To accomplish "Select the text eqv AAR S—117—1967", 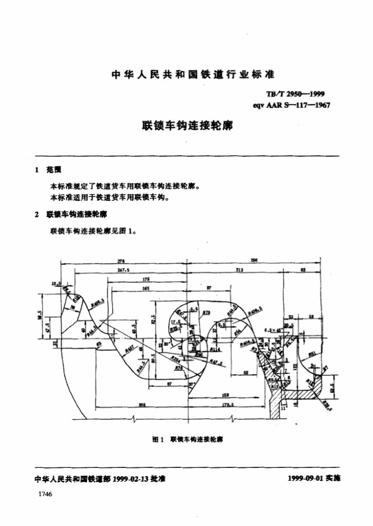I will coord(291,105).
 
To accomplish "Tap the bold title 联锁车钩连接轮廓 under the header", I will coord(187,125).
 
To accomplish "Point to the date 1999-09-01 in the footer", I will coord(306,478).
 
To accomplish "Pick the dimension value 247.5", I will coord(123,269).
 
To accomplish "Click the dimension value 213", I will coord(239,269).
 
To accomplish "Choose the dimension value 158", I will coord(225,395).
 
